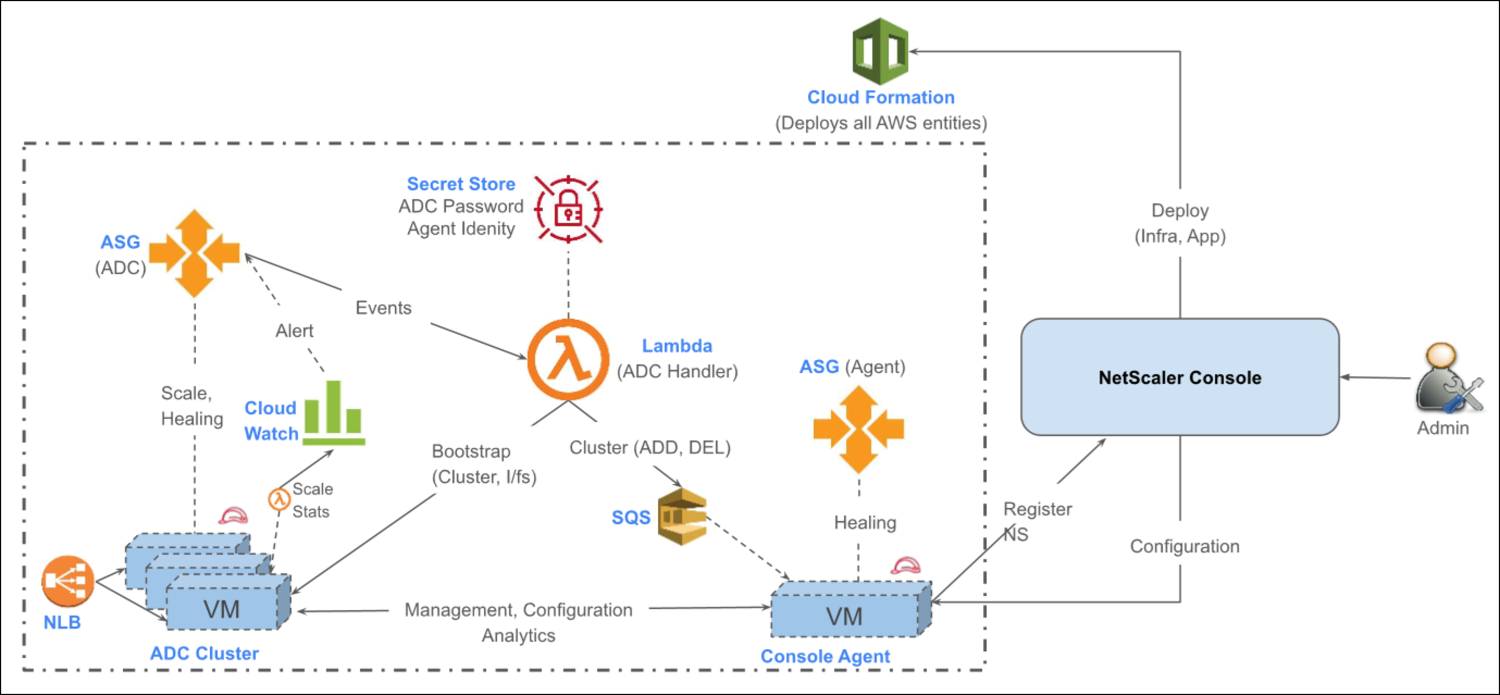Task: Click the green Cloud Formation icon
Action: tap(880, 52)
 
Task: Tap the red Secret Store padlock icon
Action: tap(568, 209)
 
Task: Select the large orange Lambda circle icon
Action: tap(568, 359)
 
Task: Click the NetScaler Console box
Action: tap(1180, 377)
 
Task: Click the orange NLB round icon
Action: tap(67, 581)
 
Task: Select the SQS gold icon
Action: tap(682, 517)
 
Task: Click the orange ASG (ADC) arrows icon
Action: tap(194, 253)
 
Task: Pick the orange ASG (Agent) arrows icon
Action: tap(858, 430)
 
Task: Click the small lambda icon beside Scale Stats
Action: tap(279, 499)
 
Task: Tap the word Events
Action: tap(383, 308)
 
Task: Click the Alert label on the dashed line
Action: tap(294, 331)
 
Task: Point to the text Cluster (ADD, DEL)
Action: tap(649, 448)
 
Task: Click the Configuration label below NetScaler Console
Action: tap(1185, 547)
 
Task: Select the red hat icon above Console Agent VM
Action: tap(906, 566)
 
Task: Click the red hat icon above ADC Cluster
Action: tap(233, 516)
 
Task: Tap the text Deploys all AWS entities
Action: tap(881, 123)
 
